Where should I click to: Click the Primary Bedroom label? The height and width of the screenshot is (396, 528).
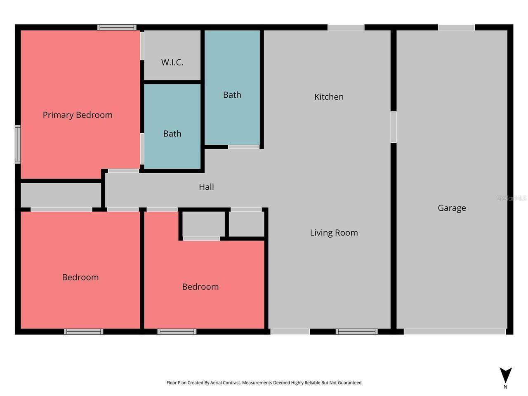click(78, 115)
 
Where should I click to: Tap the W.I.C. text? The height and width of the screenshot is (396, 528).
click(172, 62)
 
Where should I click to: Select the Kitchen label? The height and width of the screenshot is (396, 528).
click(329, 97)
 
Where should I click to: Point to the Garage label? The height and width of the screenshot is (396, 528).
click(452, 208)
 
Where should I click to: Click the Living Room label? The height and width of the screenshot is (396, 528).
click(334, 233)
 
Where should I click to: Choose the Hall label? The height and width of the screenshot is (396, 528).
click(206, 187)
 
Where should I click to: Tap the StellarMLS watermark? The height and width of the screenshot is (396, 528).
click(511, 198)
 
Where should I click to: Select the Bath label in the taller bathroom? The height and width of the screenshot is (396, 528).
click(232, 95)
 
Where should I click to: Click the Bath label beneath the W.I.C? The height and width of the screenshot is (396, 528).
click(172, 134)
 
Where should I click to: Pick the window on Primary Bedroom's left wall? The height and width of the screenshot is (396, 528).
click(18, 144)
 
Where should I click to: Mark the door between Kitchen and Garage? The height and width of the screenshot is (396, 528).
click(394, 127)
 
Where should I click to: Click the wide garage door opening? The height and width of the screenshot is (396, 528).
click(455, 332)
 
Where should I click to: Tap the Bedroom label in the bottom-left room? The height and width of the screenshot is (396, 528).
click(80, 277)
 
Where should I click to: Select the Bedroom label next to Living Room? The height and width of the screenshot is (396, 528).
click(200, 287)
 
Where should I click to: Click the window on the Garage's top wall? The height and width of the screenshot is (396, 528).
click(456, 28)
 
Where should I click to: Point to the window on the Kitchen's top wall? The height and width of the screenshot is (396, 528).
click(346, 28)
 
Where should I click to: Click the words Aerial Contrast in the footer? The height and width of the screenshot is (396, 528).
click(225, 383)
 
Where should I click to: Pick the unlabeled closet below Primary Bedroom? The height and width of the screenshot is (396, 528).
click(61, 195)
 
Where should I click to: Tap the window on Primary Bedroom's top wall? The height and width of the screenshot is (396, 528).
click(117, 28)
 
